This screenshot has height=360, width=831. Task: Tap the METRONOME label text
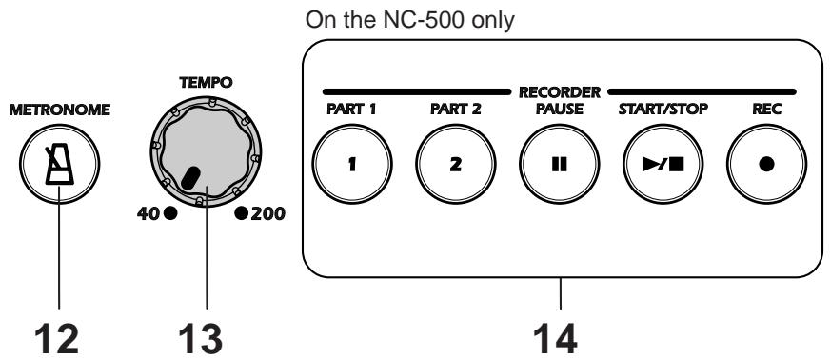point(59,110)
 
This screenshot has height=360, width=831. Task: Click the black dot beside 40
point(170,213)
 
